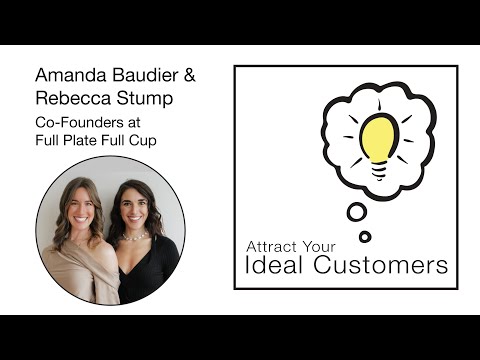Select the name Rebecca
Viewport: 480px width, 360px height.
pos(71,98)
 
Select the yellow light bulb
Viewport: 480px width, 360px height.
pos(377,137)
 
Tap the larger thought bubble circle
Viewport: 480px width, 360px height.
pos(356,212)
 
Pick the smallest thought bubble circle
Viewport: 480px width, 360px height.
pos(365,236)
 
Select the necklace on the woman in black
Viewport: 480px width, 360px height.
pos(134,239)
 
